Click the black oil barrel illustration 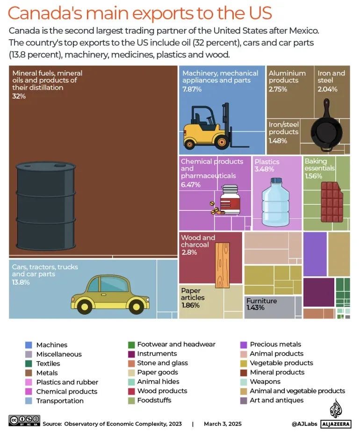46,206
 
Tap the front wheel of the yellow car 136,306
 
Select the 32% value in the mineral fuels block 19,96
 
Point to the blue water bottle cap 276,181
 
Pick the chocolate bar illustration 332,202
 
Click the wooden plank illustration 222,265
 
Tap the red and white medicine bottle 230,200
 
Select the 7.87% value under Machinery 192,89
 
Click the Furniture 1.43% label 261,304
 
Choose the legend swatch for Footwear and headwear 131,345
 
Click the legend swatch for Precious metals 244,345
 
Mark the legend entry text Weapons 265,382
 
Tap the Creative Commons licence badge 24,420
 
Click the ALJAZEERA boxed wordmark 336,425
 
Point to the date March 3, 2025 223,424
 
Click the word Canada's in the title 45,13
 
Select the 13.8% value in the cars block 21,282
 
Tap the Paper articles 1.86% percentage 190,305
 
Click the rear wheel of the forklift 189,144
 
